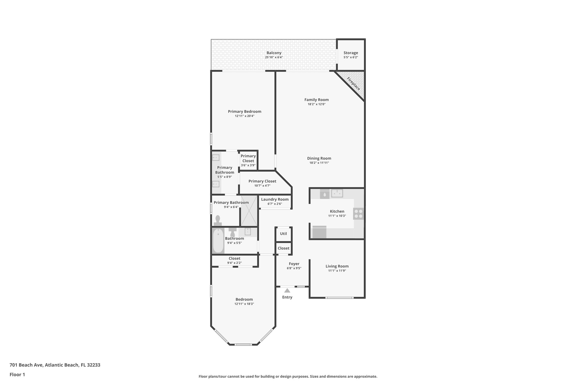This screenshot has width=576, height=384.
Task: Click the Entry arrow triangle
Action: coord(287,291)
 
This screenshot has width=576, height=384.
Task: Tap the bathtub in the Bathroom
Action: coord(218,241)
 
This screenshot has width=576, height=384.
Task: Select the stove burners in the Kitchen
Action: coord(359,214)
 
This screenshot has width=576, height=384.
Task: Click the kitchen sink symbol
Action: coord(337,193)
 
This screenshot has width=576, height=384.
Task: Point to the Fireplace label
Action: coord(353,84)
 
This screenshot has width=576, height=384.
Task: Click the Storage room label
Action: coord(351,53)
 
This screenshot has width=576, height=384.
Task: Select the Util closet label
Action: coord(283,233)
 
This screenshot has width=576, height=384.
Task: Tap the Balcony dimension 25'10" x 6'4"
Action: coord(274,57)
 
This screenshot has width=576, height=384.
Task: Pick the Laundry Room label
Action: coord(275,199)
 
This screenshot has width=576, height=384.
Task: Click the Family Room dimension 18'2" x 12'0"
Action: coord(316,104)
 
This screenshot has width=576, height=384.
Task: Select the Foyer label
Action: coord(294,264)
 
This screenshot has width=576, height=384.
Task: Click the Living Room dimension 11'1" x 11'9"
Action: coord(337,271)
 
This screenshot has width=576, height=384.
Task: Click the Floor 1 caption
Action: coord(17,374)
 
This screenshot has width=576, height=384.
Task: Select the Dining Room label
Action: coord(319,158)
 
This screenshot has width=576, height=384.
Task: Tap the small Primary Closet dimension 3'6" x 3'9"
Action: coord(248,165)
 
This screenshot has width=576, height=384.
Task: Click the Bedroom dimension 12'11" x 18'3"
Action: coord(244,304)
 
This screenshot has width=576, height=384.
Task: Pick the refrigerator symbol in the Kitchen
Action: coord(319,232)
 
